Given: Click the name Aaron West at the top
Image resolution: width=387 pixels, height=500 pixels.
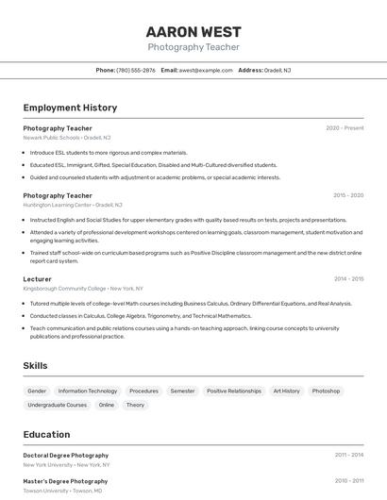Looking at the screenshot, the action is [193, 32].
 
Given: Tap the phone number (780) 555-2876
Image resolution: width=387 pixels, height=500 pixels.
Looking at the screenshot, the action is [136, 70].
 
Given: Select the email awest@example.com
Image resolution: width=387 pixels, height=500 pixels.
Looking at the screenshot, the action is [206, 70].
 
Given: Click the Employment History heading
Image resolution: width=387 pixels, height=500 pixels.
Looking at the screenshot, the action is [70, 108].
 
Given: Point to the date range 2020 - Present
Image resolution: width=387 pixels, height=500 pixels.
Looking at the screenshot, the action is [345, 127].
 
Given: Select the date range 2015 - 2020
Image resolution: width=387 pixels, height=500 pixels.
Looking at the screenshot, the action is [347, 195].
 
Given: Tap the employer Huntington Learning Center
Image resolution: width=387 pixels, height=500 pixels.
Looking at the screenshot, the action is [58, 205].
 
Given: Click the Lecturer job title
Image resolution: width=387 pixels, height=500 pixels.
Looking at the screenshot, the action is [38, 279].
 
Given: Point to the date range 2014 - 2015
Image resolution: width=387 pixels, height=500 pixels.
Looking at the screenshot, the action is [348, 279].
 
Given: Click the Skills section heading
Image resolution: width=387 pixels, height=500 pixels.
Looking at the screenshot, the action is [35, 365].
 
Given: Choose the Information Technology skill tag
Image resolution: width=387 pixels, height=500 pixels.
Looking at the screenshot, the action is [88, 391].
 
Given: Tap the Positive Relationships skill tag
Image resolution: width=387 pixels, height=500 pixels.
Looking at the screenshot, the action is [234, 391].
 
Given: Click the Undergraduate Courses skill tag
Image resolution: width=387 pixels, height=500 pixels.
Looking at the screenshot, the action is [58, 405].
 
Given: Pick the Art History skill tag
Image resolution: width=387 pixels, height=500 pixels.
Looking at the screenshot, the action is [286, 391].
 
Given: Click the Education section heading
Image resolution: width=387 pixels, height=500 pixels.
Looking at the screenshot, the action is [46, 434].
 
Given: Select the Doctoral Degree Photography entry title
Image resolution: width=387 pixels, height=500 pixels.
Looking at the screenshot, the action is [66, 455].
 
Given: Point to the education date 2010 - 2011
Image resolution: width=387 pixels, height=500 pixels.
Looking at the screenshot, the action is [348, 480].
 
